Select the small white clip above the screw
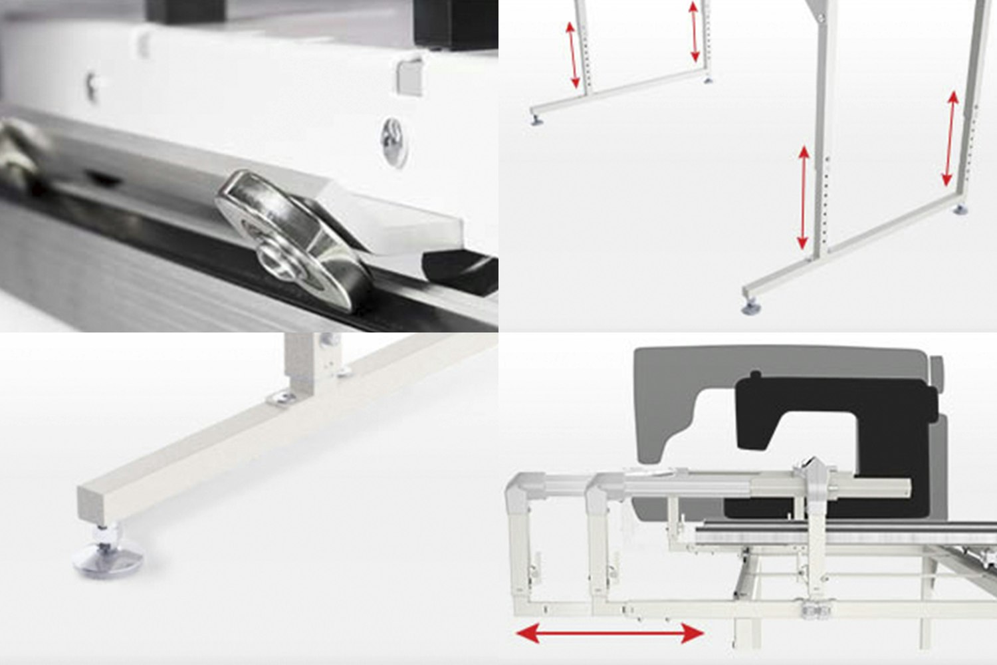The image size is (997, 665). [x=410, y=76]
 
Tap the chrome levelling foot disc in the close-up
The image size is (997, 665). [x=108, y=558]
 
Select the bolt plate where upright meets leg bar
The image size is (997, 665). [x=282, y=398]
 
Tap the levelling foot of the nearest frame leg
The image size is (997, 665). [x=751, y=307]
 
